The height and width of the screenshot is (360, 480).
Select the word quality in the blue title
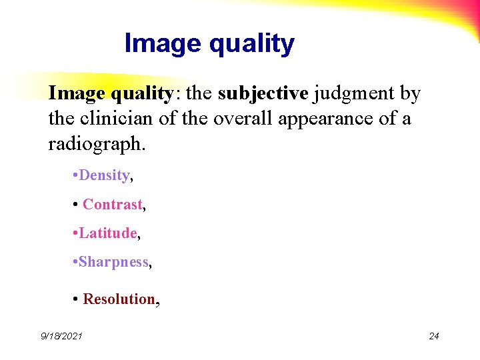click(x=251, y=44)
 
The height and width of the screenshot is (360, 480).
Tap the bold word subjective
click(x=263, y=94)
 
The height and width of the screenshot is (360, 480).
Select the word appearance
click(x=340, y=119)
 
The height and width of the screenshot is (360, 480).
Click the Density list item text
click(x=104, y=175)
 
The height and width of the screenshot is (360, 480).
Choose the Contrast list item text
click(x=112, y=205)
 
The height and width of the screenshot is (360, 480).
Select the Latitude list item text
click(x=107, y=233)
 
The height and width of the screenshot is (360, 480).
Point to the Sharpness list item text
click(x=113, y=262)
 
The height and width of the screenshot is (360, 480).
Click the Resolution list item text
click(x=119, y=299)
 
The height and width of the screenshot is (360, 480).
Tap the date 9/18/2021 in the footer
click(x=61, y=336)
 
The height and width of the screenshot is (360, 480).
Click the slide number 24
click(x=433, y=336)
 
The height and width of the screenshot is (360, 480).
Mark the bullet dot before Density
click(x=74, y=175)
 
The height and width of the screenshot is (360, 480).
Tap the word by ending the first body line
click(x=409, y=94)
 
